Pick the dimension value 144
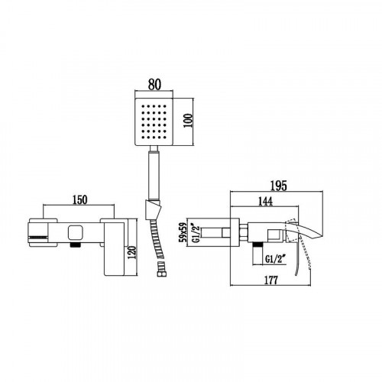point(266,203)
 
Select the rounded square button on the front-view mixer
point(74,231)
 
